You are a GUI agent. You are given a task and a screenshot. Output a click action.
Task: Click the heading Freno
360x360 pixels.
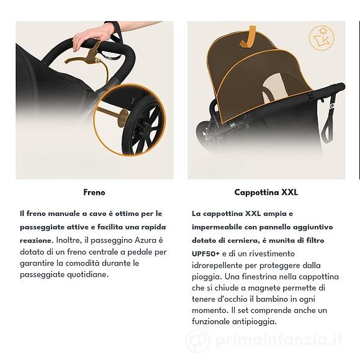[x=94, y=192]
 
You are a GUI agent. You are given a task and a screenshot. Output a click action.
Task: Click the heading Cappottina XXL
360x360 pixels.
[x=266, y=192]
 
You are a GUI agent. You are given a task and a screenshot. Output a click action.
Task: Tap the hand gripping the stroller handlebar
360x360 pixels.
[x=92, y=36]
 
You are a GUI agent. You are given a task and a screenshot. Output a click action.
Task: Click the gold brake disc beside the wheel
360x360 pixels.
[x=122, y=118]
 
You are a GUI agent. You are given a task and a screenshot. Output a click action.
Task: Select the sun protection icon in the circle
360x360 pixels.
[x=322, y=38]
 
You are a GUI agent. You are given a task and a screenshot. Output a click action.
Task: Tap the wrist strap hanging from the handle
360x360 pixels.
[x=329, y=117]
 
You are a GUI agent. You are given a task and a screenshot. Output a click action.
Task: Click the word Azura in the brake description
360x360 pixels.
[x=145, y=240]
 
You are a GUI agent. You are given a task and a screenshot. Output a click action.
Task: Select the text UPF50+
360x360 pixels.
[x=205, y=254]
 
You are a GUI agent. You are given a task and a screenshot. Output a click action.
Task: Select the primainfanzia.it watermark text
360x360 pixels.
[x=279, y=340]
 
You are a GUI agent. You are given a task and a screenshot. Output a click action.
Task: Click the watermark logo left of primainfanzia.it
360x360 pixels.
[x=197, y=340]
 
